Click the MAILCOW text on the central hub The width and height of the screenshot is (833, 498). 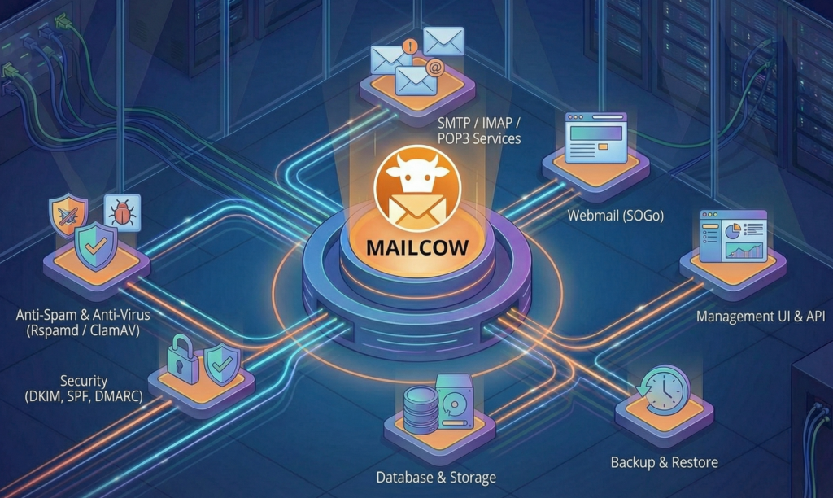pos(416,247)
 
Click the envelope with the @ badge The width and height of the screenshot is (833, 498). pos(417,78)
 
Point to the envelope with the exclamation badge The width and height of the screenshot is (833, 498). pos(391,56)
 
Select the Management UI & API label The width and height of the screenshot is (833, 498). pos(760,316)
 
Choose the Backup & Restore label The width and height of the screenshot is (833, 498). pos(664,462)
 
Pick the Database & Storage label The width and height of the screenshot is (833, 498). pos(436,477)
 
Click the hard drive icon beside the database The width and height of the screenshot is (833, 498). pos(455,400)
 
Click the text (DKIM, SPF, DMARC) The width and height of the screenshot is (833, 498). pos(84,396)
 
